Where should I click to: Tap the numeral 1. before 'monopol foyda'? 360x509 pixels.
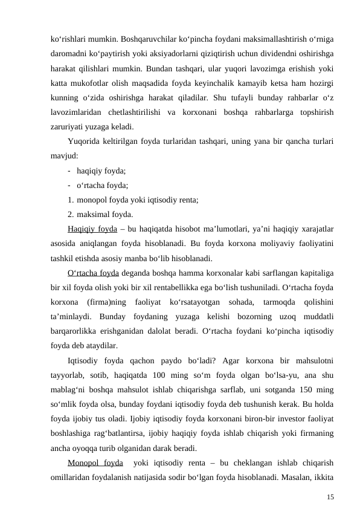(x=71, y=199)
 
